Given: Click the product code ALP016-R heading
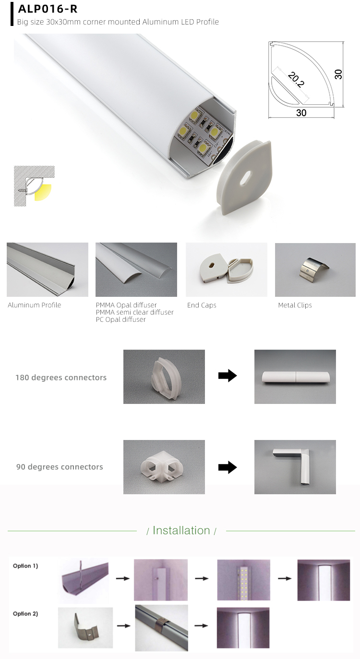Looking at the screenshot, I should pyautogui.click(x=48, y=9).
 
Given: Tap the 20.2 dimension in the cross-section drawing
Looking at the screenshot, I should pyautogui.click(x=296, y=80).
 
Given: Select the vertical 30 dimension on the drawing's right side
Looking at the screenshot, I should pyautogui.click(x=338, y=74).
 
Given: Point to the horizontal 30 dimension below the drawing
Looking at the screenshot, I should pyautogui.click(x=301, y=113).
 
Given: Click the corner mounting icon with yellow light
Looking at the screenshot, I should pyautogui.click(x=34, y=186).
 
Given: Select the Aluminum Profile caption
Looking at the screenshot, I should pyautogui.click(x=35, y=305).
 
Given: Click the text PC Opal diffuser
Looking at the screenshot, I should pyautogui.click(x=120, y=319).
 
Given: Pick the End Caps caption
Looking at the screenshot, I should pyautogui.click(x=202, y=305).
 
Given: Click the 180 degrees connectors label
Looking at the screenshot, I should pyautogui.click(x=61, y=378).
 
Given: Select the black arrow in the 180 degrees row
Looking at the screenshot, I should pyautogui.click(x=228, y=376).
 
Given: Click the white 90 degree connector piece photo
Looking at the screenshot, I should pyautogui.click(x=164, y=467).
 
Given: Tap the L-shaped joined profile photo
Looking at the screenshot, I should pyautogui.click(x=295, y=467).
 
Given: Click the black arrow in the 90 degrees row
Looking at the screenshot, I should pyautogui.click(x=228, y=467).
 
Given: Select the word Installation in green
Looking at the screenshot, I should pyautogui.click(x=181, y=530).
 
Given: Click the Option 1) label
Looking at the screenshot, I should pyautogui.click(x=25, y=566).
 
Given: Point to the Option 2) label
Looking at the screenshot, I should pyautogui.click(x=25, y=614).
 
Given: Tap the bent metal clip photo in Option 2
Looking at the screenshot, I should pyautogui.click(x=85, y=627).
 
